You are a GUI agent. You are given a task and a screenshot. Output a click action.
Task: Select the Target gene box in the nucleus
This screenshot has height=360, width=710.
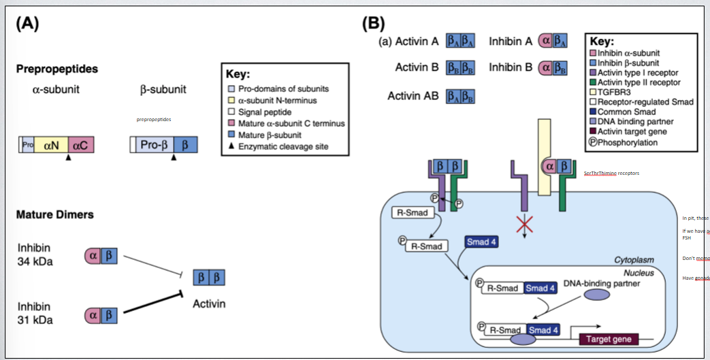605,339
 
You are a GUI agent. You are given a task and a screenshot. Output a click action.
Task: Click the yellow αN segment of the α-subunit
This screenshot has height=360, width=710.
52,145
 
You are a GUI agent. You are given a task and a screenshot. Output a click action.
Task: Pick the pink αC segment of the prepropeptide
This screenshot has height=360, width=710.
80,145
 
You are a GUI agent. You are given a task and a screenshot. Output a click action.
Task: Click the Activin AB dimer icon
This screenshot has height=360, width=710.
460,95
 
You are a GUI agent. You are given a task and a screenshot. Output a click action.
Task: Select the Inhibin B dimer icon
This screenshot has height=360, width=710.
553,68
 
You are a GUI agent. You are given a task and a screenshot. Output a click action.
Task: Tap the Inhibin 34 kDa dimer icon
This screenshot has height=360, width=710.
99,255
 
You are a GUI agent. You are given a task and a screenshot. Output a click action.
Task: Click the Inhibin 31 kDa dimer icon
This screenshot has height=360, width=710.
99,315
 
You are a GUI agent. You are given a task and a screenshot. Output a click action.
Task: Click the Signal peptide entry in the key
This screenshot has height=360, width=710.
270,112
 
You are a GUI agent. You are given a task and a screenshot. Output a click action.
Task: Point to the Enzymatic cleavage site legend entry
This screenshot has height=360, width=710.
279,146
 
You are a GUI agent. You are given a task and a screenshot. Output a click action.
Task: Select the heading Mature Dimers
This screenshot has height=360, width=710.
55,215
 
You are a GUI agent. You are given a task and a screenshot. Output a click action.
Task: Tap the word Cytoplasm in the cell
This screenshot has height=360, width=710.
634,260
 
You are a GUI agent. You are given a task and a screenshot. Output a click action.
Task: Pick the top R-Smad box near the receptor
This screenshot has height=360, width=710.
413,212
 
